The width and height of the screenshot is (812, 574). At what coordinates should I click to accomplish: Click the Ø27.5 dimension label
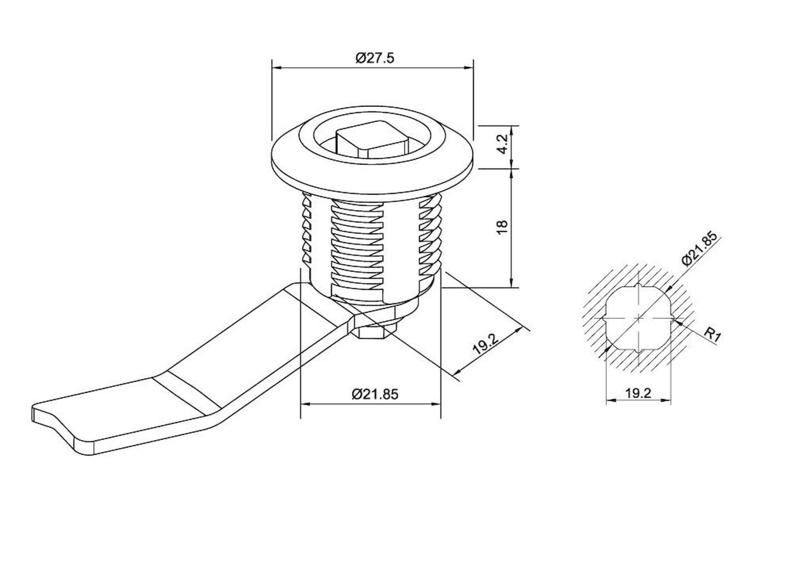point(374,58)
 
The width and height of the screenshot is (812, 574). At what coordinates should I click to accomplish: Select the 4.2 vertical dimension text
point(503,144)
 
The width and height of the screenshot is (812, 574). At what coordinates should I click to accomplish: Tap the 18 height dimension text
point(502,227)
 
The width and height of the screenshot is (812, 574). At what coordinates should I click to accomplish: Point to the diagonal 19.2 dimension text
point(485,344)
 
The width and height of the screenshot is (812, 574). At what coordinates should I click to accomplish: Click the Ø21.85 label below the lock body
point(375,394)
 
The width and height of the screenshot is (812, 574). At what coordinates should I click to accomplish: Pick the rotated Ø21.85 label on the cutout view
point(699,248)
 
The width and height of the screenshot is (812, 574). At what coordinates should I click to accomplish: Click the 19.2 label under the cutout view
point(638,393)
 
